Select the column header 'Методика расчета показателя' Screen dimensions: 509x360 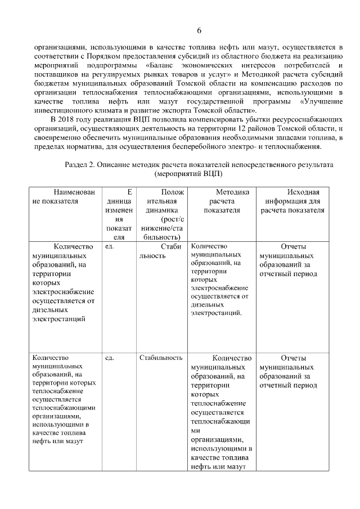[221, 201]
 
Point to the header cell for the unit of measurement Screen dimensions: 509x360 [119, 214]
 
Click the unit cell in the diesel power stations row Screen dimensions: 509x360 [110, 246]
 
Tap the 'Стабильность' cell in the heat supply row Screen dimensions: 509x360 [161, 358]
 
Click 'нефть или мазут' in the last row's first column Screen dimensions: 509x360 [58, 441]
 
